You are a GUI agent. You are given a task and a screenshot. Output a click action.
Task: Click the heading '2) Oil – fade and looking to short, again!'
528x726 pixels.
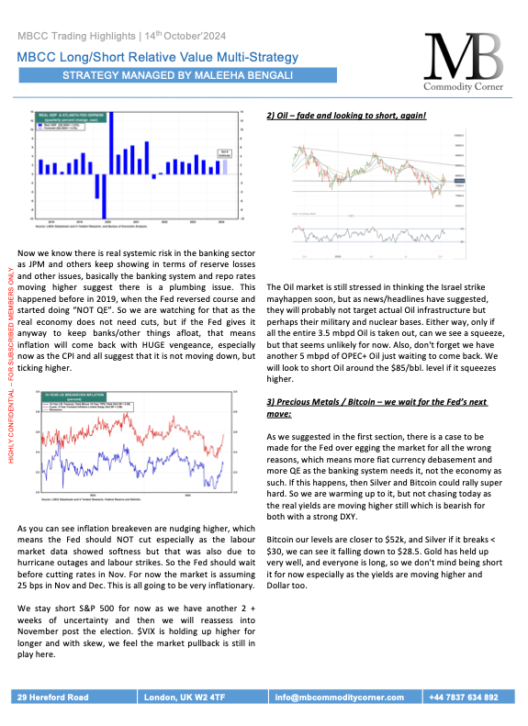tap(345, 117)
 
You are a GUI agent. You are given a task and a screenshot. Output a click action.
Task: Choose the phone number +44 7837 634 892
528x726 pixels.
tap(467, 698)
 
